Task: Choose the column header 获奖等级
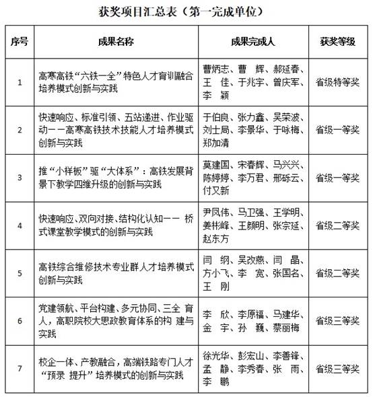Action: point(334,41)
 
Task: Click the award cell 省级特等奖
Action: point(334,82)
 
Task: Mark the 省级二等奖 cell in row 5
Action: point(334,274)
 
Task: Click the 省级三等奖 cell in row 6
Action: point(334,322)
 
